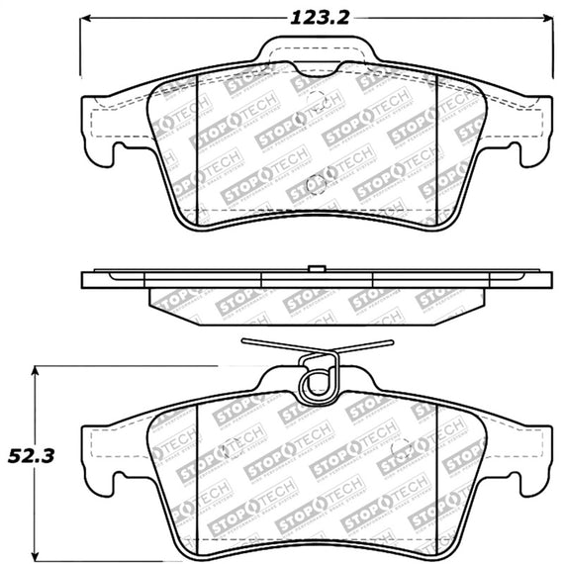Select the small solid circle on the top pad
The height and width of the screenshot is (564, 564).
click(x=318, y=182)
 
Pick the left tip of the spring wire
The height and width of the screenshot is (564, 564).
click(x=241, y=343)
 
